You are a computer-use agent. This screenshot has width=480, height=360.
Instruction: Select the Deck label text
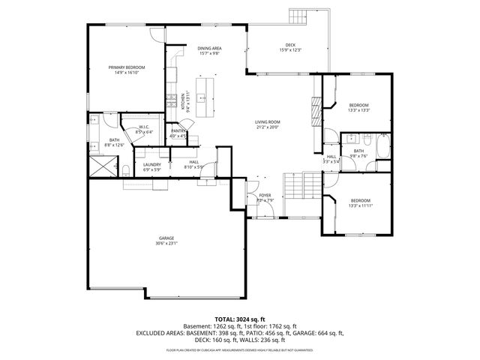point(289,45)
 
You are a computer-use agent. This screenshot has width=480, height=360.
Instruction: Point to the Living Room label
point(267,121)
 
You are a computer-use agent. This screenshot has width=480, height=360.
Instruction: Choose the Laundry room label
point(152,164)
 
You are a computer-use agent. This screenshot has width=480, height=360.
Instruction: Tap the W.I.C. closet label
point(144,128)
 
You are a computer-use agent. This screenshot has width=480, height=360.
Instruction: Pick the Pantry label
point(178,131)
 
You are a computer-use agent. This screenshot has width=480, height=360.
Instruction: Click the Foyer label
point(265,196)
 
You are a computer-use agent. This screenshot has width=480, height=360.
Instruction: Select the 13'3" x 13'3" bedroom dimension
point(358,109)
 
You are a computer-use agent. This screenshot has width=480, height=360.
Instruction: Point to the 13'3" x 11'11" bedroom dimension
point(361,205)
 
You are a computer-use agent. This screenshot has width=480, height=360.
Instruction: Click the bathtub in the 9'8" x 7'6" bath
point(382,147)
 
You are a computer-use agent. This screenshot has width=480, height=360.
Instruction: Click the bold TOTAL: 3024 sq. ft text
point(239,319)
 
